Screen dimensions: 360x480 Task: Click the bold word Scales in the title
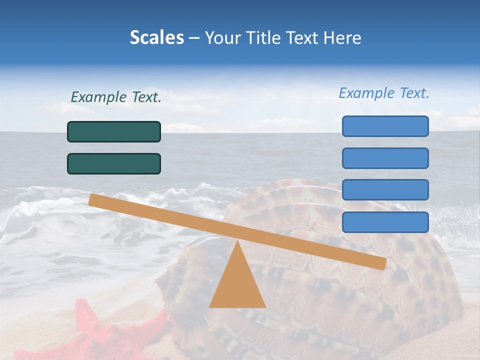click(x=156, y=38)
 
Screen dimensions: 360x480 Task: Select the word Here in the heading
click(x=342, y=38)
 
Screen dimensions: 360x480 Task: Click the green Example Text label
click(x=116, y=97)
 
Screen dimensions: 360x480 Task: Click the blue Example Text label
click(x=384, y=93)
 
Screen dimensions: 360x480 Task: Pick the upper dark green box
click(x=114, y=131)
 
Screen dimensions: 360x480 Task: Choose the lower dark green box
click(x=114, y=163)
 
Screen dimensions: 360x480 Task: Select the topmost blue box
click(x=385, y=126)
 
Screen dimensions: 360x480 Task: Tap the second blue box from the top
click(x=385, y=158)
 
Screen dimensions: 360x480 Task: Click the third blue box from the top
click(x=385, y=190)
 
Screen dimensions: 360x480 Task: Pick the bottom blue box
click(x=385, y=222)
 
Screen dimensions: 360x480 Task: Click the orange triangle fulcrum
click(x=237, y=282)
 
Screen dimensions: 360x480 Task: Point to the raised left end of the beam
click(x=93, y=200)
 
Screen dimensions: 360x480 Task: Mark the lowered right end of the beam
click(x=382, y=263)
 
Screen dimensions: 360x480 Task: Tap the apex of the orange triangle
click(x=237, y=243)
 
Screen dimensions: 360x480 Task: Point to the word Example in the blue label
click(x=366, y=93)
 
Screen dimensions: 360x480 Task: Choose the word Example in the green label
click(x=98, y=97)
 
